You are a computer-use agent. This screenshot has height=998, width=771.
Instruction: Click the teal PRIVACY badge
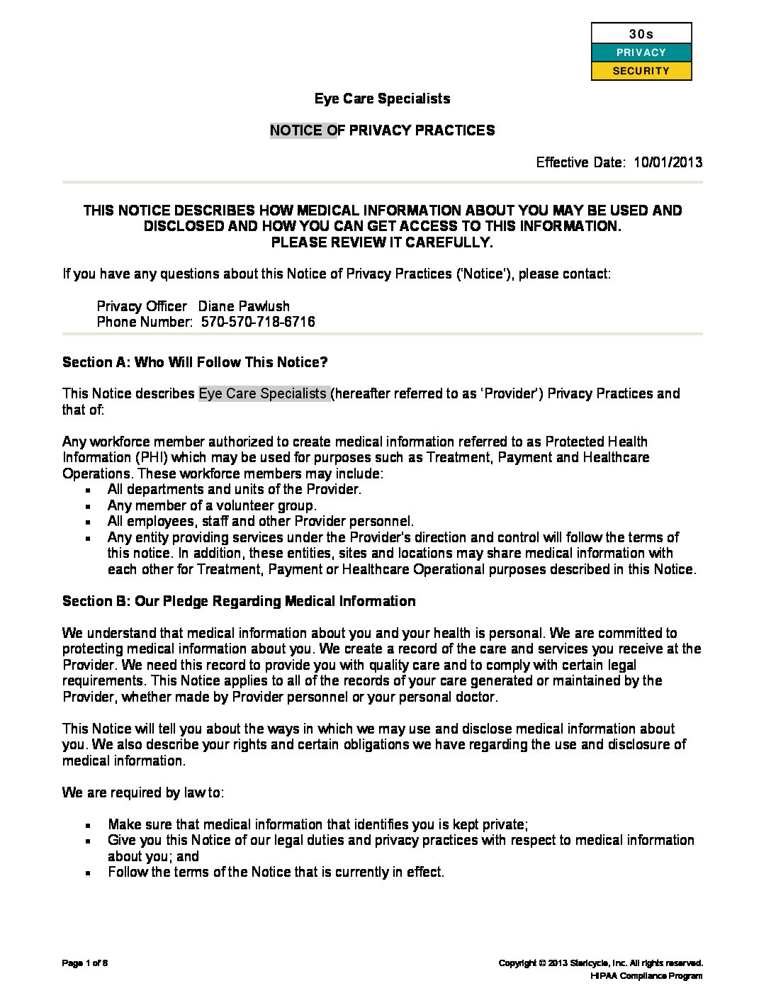click(641, 52)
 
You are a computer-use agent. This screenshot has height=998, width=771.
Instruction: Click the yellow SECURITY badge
click(641, 71)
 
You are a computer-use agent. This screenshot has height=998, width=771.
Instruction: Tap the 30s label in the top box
click(641, 34)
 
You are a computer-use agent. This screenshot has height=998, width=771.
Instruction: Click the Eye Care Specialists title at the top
click(382, 99)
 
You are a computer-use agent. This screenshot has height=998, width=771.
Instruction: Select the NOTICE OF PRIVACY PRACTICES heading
click(382, 130)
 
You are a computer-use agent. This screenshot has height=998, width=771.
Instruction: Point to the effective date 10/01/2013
click(668, 162)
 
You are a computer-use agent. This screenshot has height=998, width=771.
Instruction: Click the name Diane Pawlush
click(244, 306)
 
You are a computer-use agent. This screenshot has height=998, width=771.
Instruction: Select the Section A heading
click(195, 362)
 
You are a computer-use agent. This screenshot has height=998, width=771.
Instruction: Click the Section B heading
click(239, 601)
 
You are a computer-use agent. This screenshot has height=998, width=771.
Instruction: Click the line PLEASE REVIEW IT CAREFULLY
click(382, 242)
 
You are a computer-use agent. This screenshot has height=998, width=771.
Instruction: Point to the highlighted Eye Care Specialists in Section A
click(263, 393)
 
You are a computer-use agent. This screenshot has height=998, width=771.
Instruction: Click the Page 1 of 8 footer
click(85, 963)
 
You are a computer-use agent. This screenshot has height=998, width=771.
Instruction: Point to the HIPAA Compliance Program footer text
click(646, 976)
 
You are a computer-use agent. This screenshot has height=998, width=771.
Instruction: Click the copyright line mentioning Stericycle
click(600, 963)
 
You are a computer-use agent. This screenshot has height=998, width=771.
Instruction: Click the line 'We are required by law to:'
click(143, 792)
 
